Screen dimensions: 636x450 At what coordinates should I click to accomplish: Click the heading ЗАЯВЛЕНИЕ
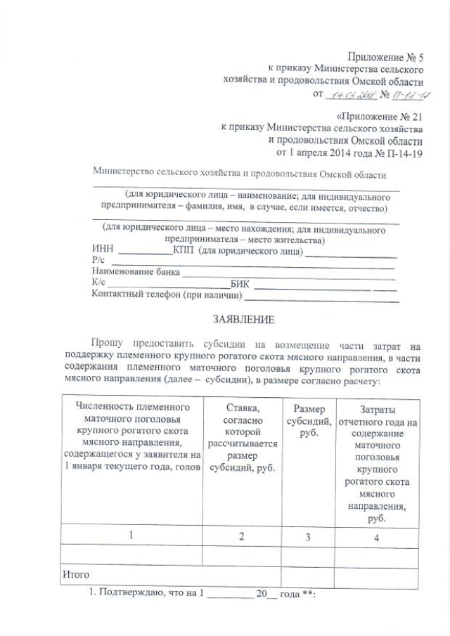coord(243,319)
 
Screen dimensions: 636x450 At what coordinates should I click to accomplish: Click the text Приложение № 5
coord(383,57)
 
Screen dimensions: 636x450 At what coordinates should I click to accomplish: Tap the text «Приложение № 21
coord(378,115)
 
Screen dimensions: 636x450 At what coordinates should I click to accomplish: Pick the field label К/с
coord(98,283)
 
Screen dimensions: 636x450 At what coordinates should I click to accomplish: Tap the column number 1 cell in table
coord(131,536)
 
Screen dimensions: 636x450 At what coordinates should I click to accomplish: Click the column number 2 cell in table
coord(241,536)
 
